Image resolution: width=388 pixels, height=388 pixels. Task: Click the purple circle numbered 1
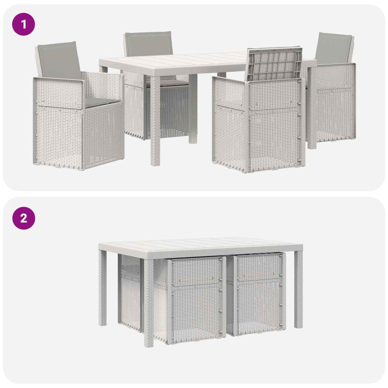(23, 24)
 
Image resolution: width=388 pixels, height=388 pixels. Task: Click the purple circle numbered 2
(23, 218)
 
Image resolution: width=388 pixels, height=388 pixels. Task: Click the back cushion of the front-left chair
(59, 60)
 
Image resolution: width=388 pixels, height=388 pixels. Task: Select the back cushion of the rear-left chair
(148, 43)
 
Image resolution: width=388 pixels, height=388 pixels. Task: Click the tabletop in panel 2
(200, 246)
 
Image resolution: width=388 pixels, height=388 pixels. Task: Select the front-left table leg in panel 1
(155, 120)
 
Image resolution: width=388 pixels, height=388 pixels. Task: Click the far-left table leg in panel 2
(102, 288)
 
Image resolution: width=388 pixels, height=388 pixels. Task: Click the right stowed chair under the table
(258, 294)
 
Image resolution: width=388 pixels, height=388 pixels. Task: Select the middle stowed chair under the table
(191, 300)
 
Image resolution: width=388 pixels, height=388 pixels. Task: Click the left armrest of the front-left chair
(58, 92)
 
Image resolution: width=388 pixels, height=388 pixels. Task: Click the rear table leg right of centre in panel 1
(193, 109)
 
